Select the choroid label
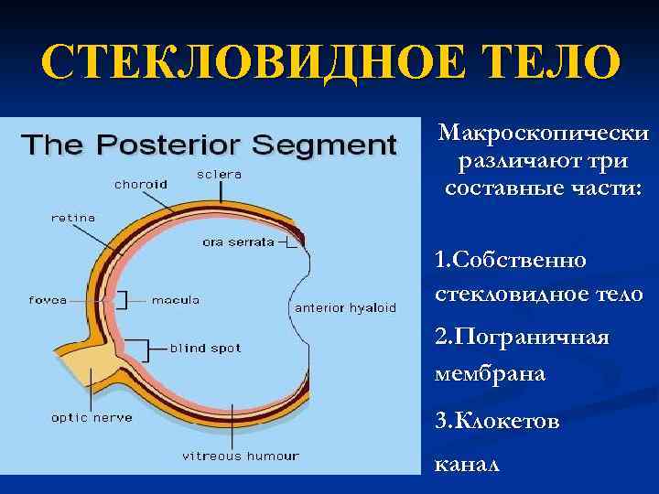click(140, 184)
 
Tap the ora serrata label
click(238, 242)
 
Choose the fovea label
click(48, 300)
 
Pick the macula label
click(175, 300)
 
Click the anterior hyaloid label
click(345, 308)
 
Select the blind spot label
click(205, 349)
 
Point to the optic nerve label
click(92, 417)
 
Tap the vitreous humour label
click(240, 456)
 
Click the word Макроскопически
click(544, 134)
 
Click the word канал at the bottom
click(467, 464)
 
